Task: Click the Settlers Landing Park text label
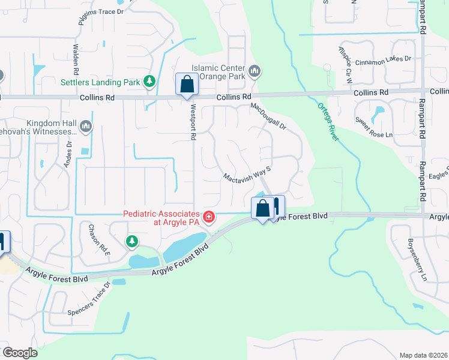coord(100,82)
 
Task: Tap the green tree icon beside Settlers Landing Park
coord(148,82)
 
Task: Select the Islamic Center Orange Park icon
coord(255,72)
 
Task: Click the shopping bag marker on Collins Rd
coord(187,85)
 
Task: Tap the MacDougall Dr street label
coord(269,116)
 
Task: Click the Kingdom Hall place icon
coord(86,126)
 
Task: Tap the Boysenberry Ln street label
coord(417,263)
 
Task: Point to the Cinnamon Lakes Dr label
coord(383,59)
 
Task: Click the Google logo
coord(20,352)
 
